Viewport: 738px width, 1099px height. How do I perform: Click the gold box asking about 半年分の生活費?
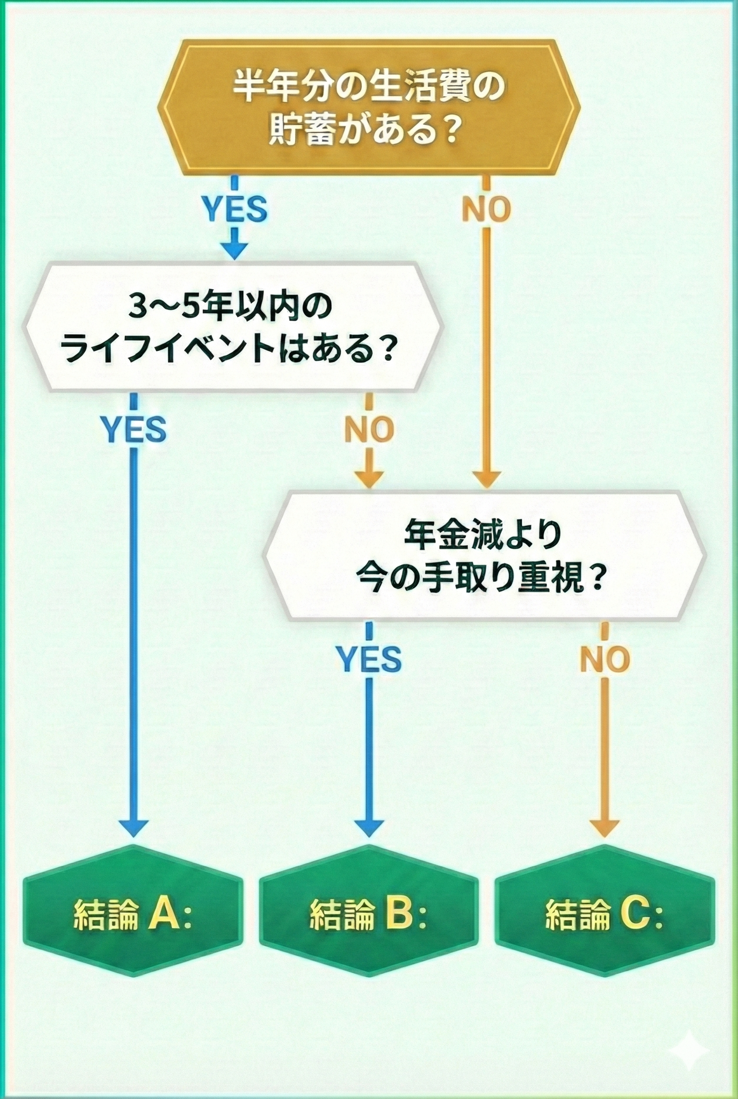pyautogui.click(x=369, y=108)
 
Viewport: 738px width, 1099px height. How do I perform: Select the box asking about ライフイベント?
pyautogui.click(x=234, y=327)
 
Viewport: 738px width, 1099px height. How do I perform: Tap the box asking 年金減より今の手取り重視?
pyautogui.click(x=484, y=555)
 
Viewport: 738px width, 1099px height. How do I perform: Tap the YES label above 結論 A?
pyautogui.click(x=134, y=429)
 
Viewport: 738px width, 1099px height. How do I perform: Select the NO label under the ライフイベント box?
pyautogui.click(x=369, y=429)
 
